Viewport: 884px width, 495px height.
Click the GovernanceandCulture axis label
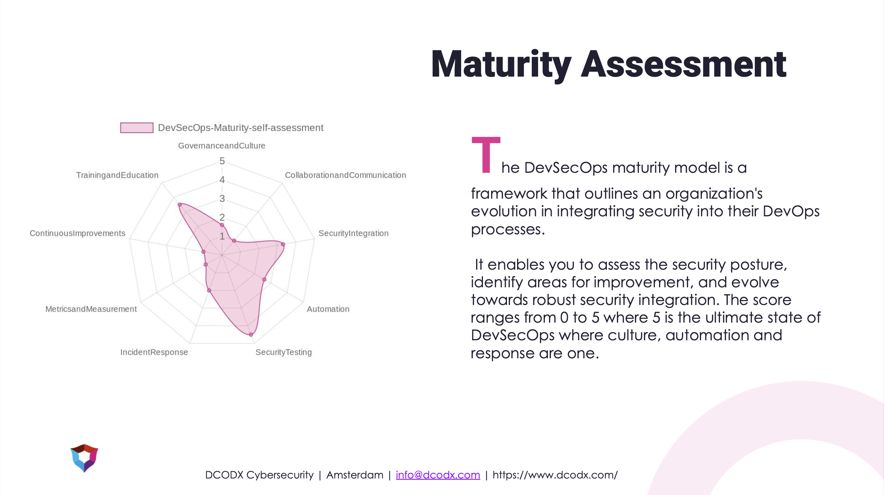click(222, 146)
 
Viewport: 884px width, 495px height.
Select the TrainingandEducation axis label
click(117, 175)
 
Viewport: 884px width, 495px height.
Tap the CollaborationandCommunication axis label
click(345, 175)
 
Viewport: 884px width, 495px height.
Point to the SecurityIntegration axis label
click(353, 233)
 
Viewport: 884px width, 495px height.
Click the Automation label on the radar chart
click(328, 309)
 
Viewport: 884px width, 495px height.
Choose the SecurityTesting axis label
click(284, 352)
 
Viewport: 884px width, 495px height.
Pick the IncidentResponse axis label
click(154, 352)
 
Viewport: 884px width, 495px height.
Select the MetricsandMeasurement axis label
click(91, 309)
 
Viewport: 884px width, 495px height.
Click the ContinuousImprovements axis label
click(77, 233)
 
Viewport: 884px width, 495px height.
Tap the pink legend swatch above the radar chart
click(137, 128)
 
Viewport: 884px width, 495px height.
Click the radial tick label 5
click(222, 161)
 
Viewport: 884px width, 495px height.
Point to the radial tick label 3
click(222, 199)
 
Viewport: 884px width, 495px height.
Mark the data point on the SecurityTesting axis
click(251, 334)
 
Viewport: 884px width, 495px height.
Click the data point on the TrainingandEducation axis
click(180, 205)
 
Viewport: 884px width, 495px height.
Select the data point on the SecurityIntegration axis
click(283, 244)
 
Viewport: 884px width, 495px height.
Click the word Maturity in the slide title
click(501, 65)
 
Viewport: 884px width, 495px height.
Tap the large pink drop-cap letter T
click(486, 155)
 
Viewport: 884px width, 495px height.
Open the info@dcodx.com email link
click(438, 475)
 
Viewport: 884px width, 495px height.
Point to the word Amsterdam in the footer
click(355, 475)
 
